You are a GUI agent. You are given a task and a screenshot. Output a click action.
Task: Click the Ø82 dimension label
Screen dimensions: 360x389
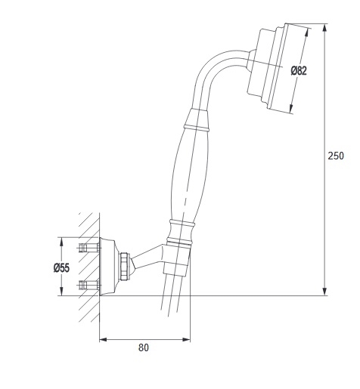[x=299, y=71]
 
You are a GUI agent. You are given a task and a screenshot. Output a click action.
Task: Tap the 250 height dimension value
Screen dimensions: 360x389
[x=336, y=156]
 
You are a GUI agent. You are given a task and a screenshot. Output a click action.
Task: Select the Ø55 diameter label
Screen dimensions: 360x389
[x=61, y=267]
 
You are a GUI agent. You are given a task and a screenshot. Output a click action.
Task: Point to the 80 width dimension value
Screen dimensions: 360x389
[x=144, y=347]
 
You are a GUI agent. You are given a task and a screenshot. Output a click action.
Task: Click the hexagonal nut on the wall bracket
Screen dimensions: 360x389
[x=124, y=266]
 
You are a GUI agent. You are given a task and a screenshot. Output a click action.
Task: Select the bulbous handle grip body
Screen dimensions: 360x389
[x=190, y=175]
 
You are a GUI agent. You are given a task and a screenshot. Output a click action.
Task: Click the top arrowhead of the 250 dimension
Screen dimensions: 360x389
[x=325, y=27]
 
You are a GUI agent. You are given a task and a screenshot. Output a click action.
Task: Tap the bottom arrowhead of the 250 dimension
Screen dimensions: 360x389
[x=325, y=292]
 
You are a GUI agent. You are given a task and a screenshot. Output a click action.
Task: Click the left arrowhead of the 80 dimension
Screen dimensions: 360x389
[x=103, y=340]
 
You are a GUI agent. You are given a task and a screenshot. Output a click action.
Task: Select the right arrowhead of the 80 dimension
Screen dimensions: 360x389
[x=187, y=340]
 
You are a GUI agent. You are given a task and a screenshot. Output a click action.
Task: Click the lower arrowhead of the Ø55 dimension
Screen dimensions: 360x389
[x=61, y=292]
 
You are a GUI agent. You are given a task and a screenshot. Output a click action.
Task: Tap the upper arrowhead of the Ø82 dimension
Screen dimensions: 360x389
[x=306, y=32]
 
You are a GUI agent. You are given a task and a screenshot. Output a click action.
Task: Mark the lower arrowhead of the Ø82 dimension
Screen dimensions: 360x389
[x=290, y=109]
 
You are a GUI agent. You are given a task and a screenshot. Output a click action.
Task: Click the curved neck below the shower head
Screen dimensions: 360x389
[x=214, y=73]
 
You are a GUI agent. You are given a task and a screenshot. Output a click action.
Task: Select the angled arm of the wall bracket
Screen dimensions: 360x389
[x=146, y=258]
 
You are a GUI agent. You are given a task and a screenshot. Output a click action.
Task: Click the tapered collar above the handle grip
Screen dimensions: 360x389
[x=197, y=119]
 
